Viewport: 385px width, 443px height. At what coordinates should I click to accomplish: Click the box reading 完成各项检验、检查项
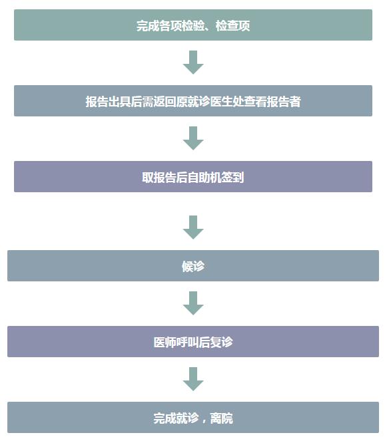pos(193,25)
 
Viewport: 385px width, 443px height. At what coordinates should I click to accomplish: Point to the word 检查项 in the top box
pos(233,26)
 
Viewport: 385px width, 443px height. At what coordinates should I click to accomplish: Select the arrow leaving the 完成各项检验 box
pos(193,63)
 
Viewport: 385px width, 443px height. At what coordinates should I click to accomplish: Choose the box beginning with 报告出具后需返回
pos(193,100)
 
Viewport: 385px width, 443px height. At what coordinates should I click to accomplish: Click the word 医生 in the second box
pos(221,102)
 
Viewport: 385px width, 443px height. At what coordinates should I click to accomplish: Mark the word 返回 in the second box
pos(165,102)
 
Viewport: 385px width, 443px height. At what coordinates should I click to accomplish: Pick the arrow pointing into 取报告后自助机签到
pos(193,138)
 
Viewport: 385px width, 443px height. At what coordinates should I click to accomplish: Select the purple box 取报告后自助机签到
pos(193,176)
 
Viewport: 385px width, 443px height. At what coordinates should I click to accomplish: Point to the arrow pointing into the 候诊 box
pos(193,227)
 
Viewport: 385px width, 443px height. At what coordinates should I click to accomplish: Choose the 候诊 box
pos(193,265)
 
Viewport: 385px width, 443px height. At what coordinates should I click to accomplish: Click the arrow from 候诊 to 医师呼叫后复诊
pos(193,303)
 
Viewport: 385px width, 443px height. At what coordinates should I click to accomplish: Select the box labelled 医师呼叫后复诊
pos(193,342)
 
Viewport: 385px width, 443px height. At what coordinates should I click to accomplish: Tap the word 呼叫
pos(187,343)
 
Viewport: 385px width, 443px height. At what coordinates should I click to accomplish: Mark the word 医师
pos(165,343)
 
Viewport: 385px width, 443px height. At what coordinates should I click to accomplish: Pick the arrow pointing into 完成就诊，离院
pos(193,379)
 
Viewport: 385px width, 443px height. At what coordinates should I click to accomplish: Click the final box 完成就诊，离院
pos(193,417)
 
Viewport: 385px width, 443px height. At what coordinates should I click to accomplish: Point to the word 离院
pos(222,418)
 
